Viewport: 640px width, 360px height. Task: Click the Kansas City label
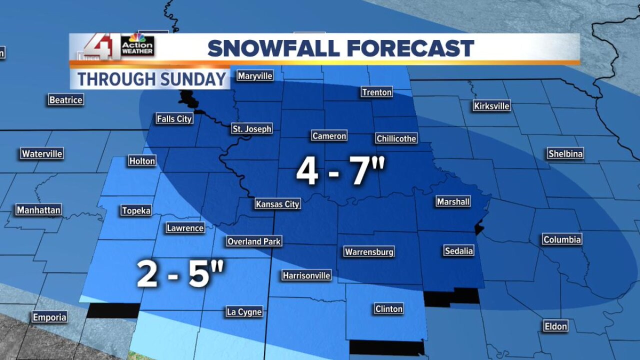coord(277,204)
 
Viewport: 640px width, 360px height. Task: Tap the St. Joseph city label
coord(252,129)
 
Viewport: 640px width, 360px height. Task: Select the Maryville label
coord(255,76)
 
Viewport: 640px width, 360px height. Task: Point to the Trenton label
coord(376,92)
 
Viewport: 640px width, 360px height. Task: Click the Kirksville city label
coord(491,105)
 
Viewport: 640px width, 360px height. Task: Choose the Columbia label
coord(562,240)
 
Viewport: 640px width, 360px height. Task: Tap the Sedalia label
coord(458,251)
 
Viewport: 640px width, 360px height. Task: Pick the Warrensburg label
coord(369,251)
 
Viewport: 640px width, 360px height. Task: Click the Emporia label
coord(49,317)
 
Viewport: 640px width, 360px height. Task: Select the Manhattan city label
coord(38,210)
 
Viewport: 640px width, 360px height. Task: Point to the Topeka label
coord(136,210)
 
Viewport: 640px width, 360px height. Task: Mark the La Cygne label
coord(244,312)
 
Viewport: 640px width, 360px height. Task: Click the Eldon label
coord(555,326)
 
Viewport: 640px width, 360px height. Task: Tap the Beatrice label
coord(65,100)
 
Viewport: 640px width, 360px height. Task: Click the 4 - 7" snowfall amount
coord(341,171)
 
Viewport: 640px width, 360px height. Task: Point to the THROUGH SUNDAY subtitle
coord(151,79)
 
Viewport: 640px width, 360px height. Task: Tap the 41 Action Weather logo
coord(119,46)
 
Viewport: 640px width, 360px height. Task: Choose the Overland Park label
coord(254,241)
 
